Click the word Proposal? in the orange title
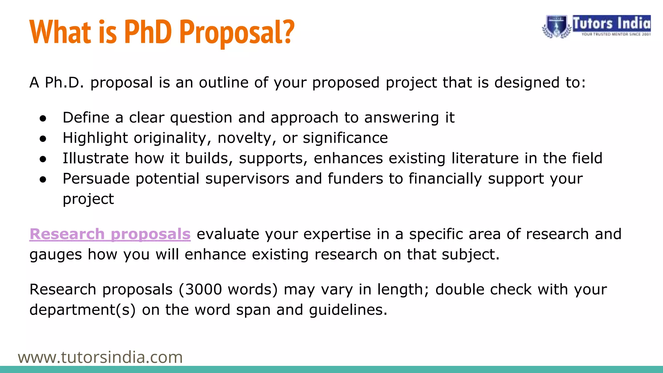(x=237, y=32)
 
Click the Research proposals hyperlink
(x=110, y=234)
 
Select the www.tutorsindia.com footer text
(x=100, y=357)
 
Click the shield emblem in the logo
(x=556, y=27)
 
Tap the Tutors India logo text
(x=611, y=24)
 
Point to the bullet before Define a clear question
(x=43, y=119)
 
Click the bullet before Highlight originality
(x=43, y=139)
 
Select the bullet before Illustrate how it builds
(x=43, y=159)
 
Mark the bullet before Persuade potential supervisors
(x=43, y=180)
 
